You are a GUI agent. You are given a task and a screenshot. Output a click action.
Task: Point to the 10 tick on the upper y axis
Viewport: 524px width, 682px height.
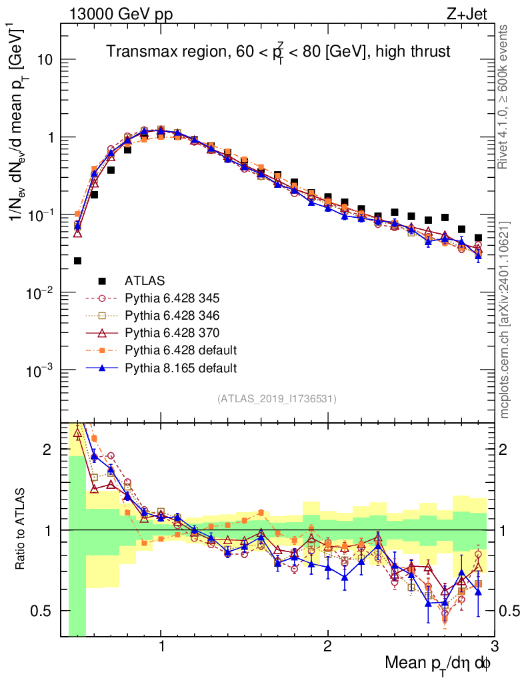click(45, 60)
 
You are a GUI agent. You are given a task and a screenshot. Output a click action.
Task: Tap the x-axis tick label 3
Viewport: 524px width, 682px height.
click(494, 647)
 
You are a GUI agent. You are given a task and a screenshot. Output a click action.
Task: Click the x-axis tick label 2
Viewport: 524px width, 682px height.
click(327, 647)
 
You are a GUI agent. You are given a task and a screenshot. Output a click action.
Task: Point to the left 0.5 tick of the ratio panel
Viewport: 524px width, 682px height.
click(45, 610)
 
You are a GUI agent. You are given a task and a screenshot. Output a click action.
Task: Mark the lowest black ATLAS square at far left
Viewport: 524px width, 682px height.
click(77, 261)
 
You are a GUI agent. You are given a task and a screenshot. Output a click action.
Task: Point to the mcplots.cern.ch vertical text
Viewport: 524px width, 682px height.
click(505, 320)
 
